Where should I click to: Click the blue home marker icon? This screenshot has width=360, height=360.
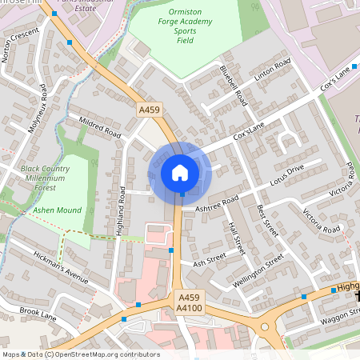[180, 172]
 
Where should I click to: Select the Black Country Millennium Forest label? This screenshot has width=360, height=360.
[53, 174]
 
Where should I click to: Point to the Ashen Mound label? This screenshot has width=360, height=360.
[58, 210]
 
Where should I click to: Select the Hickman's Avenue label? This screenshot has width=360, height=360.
[60, 267]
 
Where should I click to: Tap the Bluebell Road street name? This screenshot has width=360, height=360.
[234, 86]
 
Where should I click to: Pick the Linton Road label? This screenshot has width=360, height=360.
[270, 73]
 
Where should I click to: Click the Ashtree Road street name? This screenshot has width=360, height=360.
[217, 204]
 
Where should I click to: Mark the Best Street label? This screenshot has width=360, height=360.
[266, 221]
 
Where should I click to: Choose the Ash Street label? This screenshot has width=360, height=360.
[209, 261]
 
